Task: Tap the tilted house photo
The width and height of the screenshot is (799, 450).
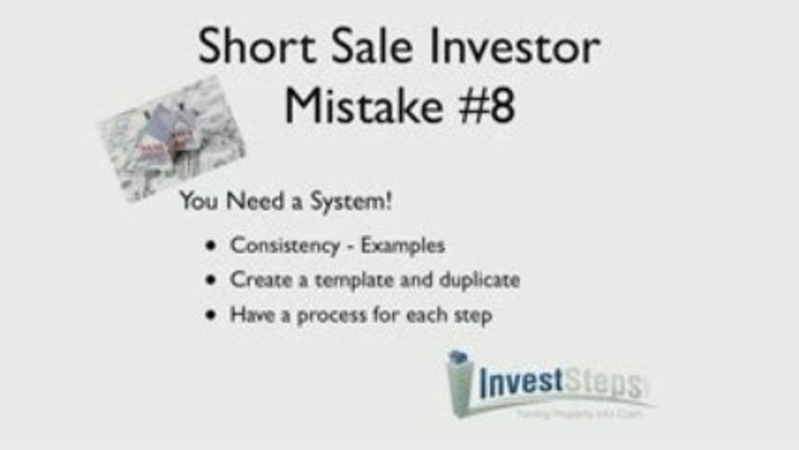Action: click(x=172, y=138)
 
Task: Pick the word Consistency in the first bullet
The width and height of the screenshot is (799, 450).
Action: click(x=284, y=245)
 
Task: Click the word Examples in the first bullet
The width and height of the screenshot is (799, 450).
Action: click(x=403, y=245)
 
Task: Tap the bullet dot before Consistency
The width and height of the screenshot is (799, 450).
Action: click(x=211, y=246)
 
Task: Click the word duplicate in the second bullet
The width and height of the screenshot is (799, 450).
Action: click(x=479, y=279)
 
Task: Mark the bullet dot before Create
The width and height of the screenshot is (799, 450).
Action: click(x=211, y=280)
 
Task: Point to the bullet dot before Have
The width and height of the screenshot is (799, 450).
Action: click(x=211, y=315)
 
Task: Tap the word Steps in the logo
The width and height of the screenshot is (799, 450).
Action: click(x=603, y=383)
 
